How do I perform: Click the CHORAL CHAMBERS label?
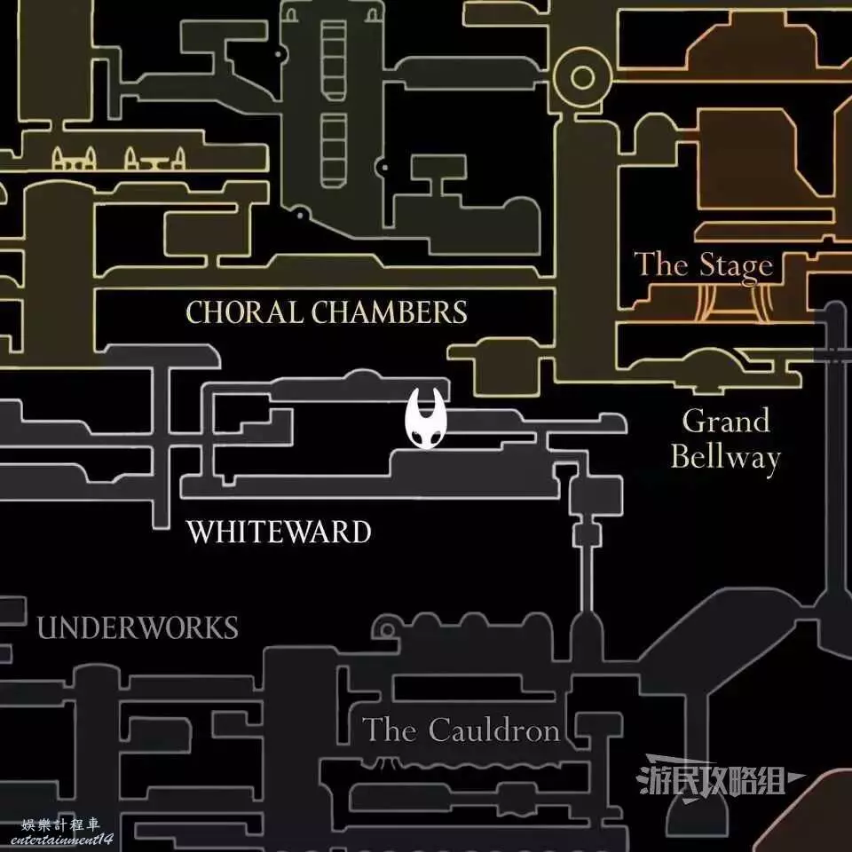tap(326, 312)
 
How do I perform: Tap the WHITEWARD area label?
tap(278, 532)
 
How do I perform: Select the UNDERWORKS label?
tap(138, 628)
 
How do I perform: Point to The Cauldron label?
tap(461, 730)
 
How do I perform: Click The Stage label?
tap(703, 264)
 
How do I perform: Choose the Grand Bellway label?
tap(725, 439)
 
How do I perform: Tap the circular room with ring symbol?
tap(583, 78)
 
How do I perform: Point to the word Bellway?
tap(725, 458)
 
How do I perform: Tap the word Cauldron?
tap(493, 730)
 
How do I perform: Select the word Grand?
tap(725, 421)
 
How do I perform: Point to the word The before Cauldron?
tap(390, 730)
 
